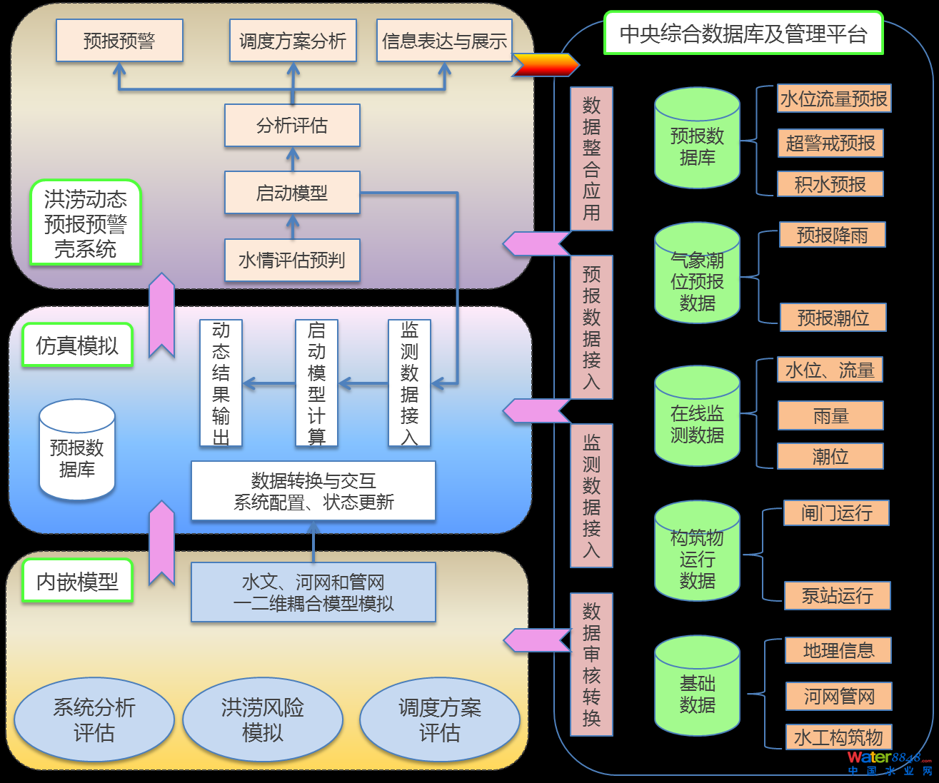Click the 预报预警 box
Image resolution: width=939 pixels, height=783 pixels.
tap(119, 41)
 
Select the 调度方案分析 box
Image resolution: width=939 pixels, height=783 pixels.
tap(293, 41)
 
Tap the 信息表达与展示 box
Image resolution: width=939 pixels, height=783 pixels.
tap(444, 41)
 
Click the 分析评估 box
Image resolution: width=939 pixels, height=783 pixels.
tap(292, 126)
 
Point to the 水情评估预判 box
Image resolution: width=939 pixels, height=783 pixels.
tap(292, 261)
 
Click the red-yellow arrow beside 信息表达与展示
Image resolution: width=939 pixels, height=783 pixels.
tap(545, 65)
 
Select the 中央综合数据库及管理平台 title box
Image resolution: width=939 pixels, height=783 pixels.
tap(743, 34)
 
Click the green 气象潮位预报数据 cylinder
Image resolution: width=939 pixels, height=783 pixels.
tap(697, 275)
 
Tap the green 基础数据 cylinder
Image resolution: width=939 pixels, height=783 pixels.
tap(697, 687)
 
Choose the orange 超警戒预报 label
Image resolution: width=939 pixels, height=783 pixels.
tap(830, 143)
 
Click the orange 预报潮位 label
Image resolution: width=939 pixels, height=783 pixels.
tap(833, 318)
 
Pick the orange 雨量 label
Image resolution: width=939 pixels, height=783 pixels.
tap(830, 416)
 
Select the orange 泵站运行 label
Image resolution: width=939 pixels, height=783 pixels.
tap(837, 595)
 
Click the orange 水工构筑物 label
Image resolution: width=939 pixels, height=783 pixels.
tap(838, 737)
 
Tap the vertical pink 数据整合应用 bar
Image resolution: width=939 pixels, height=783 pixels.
tap(591, 158)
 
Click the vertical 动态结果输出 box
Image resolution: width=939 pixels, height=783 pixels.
tap(221, 383)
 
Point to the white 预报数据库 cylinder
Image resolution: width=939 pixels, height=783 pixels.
tap(77, 451)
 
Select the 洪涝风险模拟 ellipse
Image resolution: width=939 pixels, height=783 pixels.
tap(263, 719)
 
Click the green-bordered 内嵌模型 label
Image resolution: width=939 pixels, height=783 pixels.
tap(77, 582)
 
